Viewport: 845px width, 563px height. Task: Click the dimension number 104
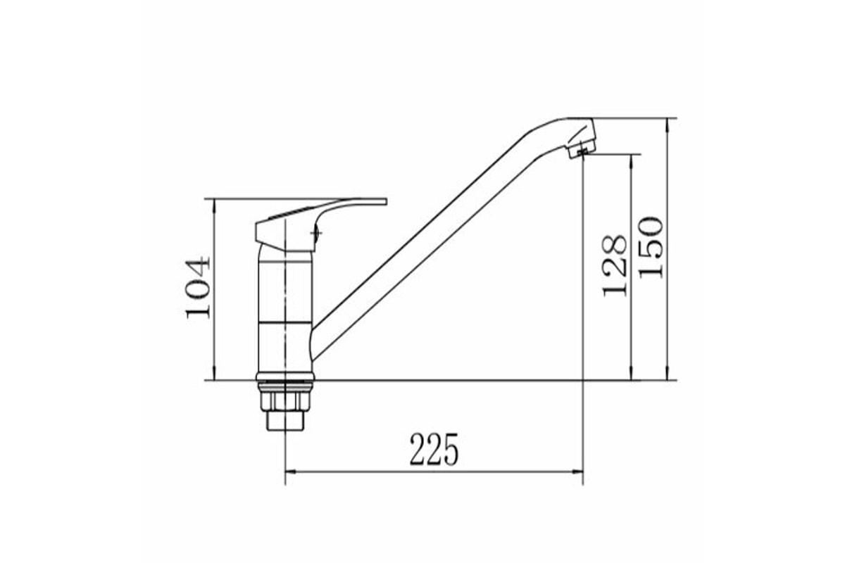click(x=198, y=287)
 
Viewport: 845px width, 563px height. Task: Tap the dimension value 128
click(x=615, y=266)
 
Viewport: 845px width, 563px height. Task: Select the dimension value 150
click(x=651, y=248)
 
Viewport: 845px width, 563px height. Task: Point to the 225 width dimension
click(x=434, y=450)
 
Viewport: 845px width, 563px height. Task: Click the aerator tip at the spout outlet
click(x=580, y=148)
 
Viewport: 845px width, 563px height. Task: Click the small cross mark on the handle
click(x=316, y=234)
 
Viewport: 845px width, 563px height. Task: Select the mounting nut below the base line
click(x=285, y=401)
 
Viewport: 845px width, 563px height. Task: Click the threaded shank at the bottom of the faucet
click(x=285, y=420)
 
